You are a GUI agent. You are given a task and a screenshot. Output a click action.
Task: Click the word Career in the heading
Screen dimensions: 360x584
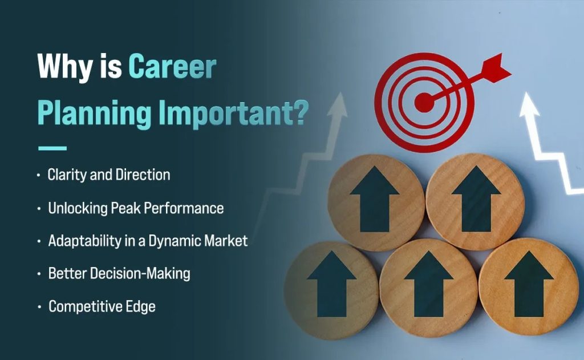point(172,67)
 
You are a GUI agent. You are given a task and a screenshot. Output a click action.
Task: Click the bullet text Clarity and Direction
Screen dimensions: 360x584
point(109,175)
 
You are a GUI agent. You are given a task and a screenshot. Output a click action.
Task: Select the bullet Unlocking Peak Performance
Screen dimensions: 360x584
point(136,208)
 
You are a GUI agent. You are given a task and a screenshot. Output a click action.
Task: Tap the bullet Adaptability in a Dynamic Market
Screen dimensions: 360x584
point(148,240)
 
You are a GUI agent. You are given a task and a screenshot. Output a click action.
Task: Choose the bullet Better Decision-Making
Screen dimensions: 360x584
point(119,273)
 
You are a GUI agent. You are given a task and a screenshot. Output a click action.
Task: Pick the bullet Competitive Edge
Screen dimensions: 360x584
point(102,306)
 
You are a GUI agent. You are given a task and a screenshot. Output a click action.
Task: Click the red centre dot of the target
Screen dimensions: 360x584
point(423,103)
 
